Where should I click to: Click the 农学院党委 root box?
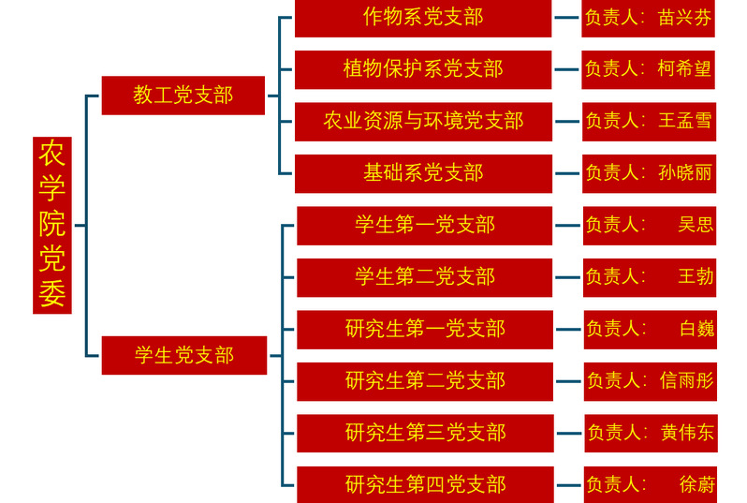[x=51, y=225]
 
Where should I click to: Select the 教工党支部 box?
[x=183, y=95]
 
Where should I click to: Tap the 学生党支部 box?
[x=183, y=355]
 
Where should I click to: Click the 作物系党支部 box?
[x=423, y=18]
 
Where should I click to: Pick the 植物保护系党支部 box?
[x=423, y=69]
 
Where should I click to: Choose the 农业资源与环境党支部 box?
[x=423, y=121]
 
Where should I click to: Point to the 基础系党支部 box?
[x=423, y=172]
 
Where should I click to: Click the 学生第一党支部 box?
[x=424, y=225]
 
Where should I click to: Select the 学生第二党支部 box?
[x=424, y=277]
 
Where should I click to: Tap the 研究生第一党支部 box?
[x=425, y=329]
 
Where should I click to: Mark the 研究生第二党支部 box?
[x=425, y=380]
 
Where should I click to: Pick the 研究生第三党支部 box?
[x=425, y=432]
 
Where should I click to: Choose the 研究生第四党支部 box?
[x=425, y=484]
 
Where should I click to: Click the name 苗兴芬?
[x=685, y=18]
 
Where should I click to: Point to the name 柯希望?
[x=685, y=69]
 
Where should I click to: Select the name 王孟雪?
[x=685, y=121]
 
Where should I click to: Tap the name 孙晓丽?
[x=685, y=172]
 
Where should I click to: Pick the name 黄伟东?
[x=687, y=432]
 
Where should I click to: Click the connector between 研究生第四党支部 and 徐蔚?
[x=568, y=484]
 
